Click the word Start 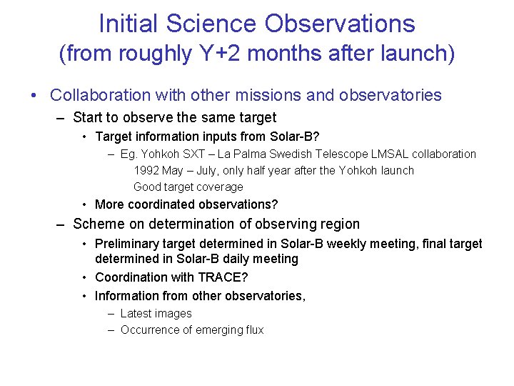89,117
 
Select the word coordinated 161,204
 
